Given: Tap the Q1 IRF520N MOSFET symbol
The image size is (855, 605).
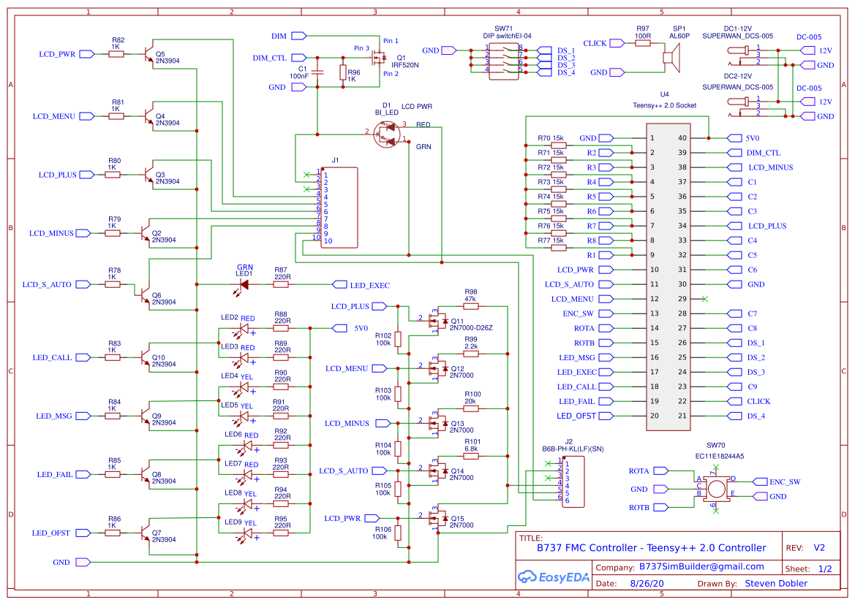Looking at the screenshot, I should tap(379, 57).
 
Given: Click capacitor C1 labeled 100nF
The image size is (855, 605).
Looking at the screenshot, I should tap(316, 72).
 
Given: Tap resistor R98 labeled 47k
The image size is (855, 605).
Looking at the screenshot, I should tap(470, 306).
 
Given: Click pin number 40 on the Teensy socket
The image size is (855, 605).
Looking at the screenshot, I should tap(682, 138).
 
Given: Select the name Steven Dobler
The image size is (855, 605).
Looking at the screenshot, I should tap(776, 583).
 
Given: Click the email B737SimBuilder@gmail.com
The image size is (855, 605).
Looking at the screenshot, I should tap(701, 566).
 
